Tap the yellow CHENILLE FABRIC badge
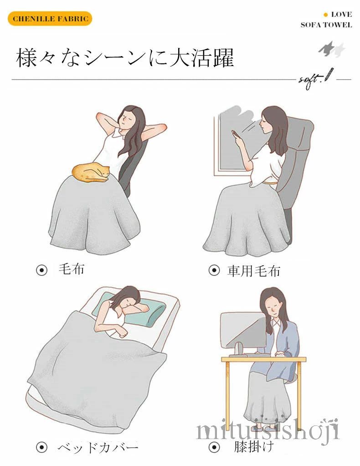50,19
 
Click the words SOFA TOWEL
326,25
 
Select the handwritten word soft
311,80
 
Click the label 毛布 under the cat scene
71,269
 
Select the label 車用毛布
254,271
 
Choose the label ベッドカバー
98,447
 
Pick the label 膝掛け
253,447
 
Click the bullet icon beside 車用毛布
214,270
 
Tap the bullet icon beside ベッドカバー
41,447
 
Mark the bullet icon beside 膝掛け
214,447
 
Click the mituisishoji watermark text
267,428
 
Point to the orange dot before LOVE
326,15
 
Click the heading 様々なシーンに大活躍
125,57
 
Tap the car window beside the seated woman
235,143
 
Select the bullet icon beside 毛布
41,270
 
